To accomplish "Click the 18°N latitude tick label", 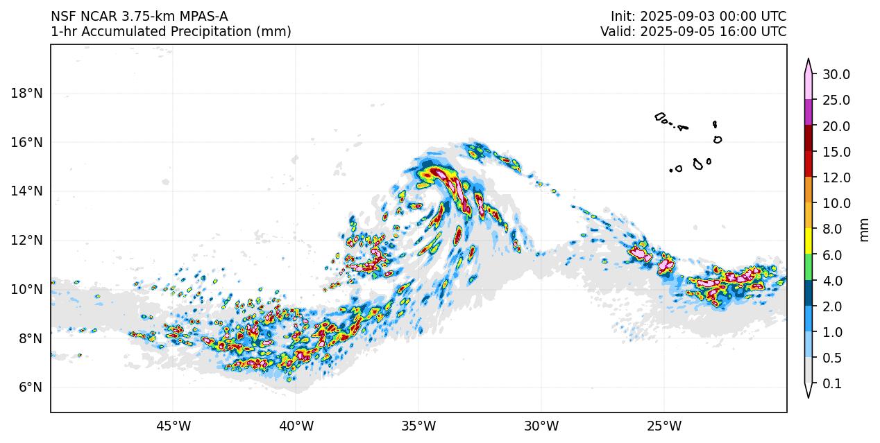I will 28,93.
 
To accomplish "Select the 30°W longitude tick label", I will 541,425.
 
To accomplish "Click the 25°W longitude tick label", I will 664,425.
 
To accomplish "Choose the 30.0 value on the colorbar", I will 836,75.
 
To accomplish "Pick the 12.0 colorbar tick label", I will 836,178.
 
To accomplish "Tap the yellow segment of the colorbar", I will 809,241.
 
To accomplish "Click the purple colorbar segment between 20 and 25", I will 809,112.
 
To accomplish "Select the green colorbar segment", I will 809,267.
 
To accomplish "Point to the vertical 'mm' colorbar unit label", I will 864,229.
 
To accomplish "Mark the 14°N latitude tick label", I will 28,191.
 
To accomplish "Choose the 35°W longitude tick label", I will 418,425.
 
